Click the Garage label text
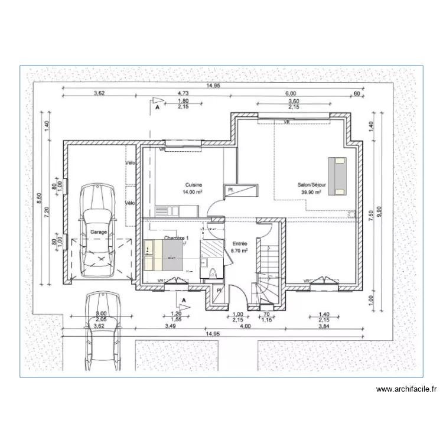99,232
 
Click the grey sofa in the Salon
338,175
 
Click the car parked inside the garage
98,230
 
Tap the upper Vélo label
130,164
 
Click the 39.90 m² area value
311,192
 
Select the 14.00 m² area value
193,192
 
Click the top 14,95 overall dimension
213,86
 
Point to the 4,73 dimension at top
183,93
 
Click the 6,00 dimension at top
290,93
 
